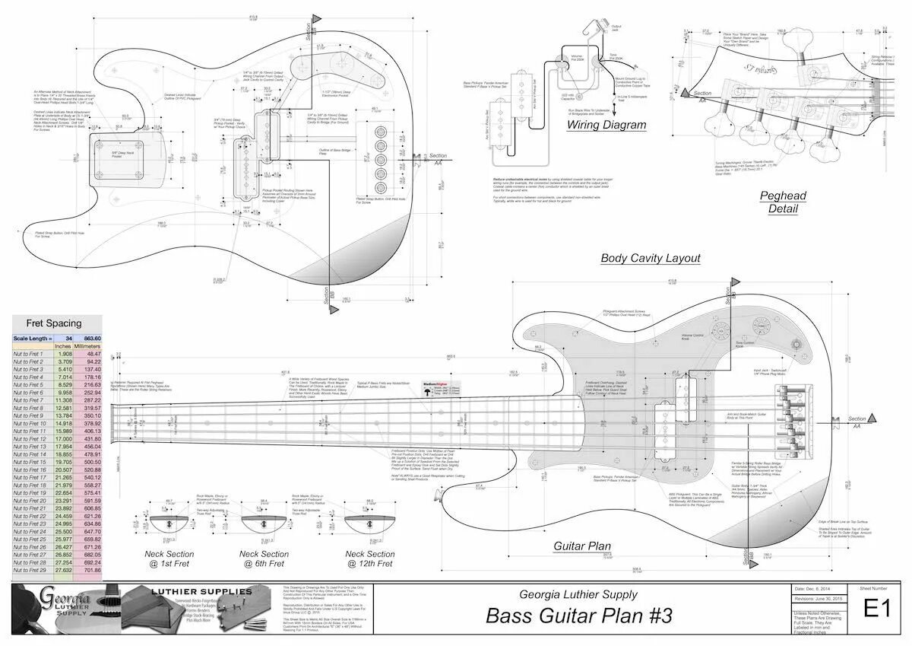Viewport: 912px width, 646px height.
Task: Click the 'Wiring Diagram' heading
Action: (606, 125)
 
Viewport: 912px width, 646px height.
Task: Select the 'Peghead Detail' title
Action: (783, 202)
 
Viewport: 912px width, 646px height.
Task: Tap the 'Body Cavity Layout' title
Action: (651, 258)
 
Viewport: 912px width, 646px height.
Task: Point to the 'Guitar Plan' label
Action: (582, 546)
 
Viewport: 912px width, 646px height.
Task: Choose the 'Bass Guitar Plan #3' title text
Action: (578, 616)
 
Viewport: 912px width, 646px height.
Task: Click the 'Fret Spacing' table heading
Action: (54, 323)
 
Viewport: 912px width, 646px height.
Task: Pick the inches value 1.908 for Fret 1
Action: (65, 354)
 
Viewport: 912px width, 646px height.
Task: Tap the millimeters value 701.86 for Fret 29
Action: (91, 570)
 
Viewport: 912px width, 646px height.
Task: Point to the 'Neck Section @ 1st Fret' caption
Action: (169, 559)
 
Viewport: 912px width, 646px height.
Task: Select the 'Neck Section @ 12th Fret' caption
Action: (370, 559)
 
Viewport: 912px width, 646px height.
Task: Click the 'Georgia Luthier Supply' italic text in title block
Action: (578, 594)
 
